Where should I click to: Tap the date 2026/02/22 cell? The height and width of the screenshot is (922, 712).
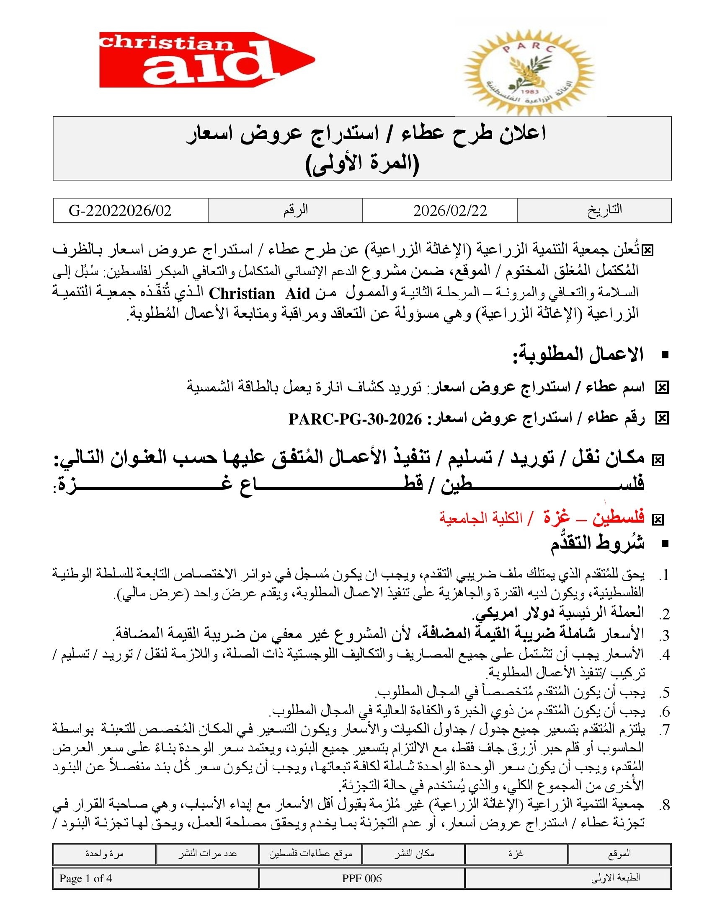(450, 210)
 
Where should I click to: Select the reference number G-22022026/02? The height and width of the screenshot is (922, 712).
(120, 210)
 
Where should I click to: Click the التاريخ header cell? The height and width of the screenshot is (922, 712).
(604, 210)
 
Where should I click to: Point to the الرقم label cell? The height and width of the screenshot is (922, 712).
(296, 210)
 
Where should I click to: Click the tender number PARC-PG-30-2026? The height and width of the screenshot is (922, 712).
(355, 419)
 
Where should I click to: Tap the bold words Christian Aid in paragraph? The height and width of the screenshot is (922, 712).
(260, 293)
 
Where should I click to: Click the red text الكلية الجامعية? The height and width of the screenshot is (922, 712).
(480, 518)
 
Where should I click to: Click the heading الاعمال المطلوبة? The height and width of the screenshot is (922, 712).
(578, 355)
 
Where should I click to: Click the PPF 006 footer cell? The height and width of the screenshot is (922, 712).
(362, 878)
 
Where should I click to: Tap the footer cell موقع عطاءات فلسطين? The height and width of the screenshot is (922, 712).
(311, 854)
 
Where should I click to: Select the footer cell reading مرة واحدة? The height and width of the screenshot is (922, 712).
(104, 854)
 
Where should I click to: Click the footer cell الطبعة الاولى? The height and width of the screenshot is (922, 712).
(615, 878)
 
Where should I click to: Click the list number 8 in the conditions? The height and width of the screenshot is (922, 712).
(665, 805)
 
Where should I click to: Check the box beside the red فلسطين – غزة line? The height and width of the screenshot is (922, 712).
(657, 520)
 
